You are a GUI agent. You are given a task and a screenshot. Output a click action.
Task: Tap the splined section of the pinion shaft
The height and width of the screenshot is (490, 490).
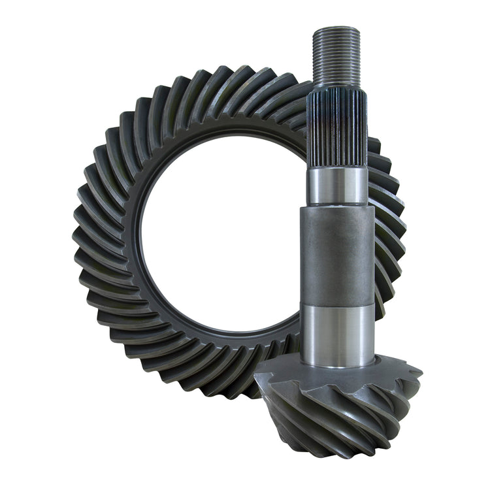[x=336, y=131]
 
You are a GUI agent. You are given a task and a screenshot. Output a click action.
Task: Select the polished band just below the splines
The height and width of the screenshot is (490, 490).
[x=336, y=186]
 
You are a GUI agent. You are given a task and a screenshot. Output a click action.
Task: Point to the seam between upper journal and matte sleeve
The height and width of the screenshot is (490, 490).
[x=337, y=206]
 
